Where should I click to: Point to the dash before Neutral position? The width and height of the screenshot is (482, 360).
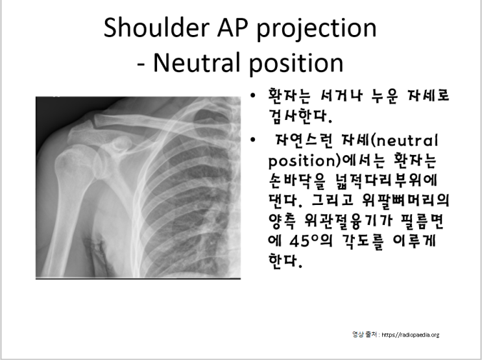[143, 64]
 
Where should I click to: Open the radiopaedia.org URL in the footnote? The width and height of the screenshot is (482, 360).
[409, 335]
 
